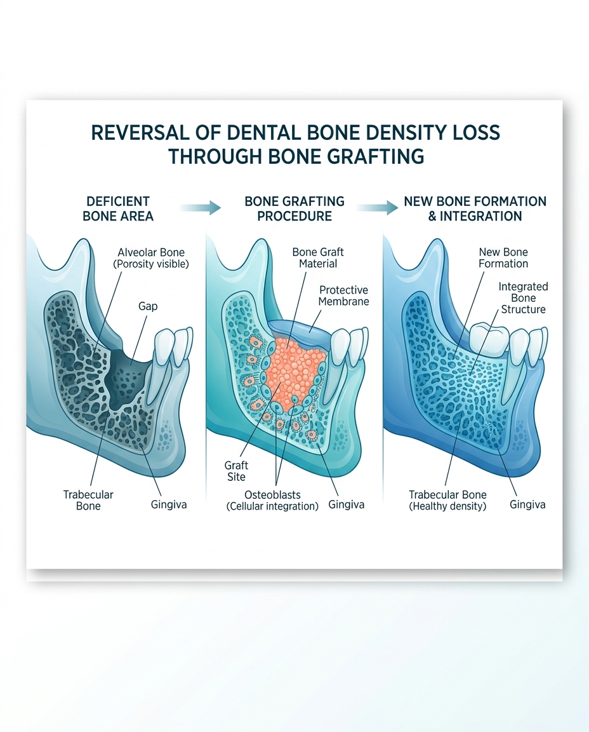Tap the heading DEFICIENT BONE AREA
click(117, 208)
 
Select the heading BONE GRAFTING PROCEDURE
click(294, 208)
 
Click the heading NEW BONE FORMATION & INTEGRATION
click(475, 208)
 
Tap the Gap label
click(148, 306)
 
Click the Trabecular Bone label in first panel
click(88, 500)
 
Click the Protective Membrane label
click(344, 295)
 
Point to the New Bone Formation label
click(503, 258)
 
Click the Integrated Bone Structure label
click(522, 298)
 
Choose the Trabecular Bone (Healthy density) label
click(447, 500)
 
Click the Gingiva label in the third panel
click(527, 505)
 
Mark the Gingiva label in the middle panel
click(347, 505)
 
